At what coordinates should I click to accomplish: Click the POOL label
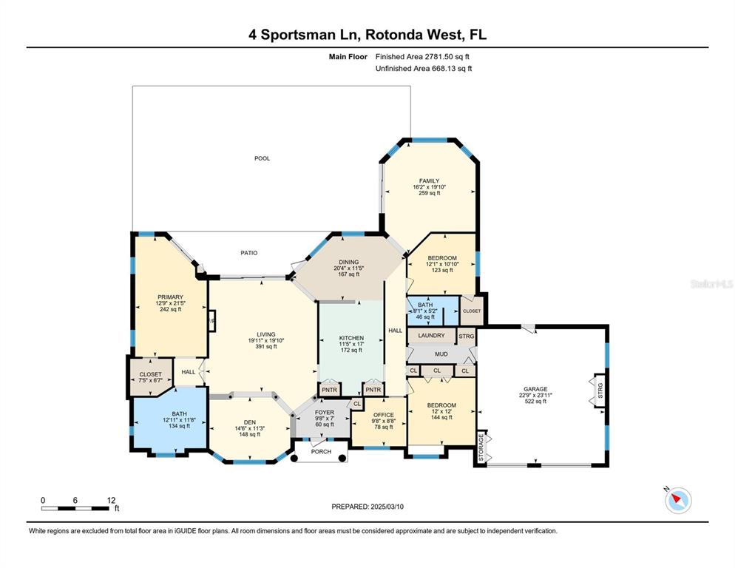pos(262,158)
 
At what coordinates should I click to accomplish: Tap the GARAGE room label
pos(535,388)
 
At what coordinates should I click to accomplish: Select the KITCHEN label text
pos(351,338)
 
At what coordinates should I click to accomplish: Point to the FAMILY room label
pos(429,181)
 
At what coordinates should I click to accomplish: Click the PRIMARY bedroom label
pos(169,297)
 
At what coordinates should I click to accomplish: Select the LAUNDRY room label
pos(430,336)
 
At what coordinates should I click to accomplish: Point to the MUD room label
pos(441,354)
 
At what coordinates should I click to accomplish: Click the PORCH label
pos(320,452)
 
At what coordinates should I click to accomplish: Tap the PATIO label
pos(248,253)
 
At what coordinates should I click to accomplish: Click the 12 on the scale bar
pos(111,500)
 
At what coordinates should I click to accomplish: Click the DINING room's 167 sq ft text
pos(348,274)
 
